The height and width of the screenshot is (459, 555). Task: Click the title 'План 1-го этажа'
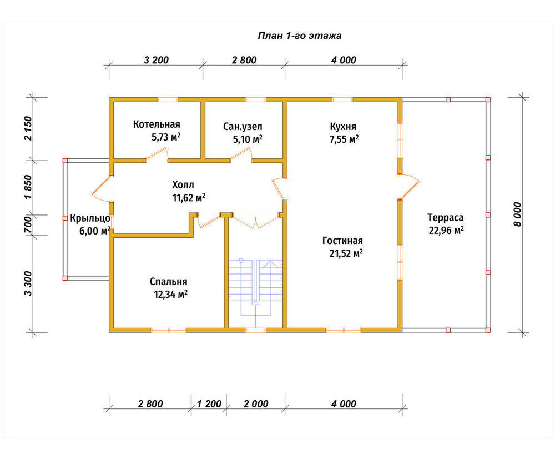click(x=300, y=36)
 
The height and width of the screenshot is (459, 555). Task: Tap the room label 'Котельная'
click(x=157, y=124)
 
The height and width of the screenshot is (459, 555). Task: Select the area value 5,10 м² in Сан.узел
click(x=248, y=139)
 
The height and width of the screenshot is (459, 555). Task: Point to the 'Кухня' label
click(x=343, y=127)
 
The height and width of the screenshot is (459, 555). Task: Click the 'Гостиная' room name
click(x=342, y=241)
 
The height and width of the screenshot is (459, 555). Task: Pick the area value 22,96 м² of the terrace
click(x=446, y=231)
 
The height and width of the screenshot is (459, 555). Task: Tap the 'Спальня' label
click(x=169, y=282)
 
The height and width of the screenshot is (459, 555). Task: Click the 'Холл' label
click(x=183, y=184)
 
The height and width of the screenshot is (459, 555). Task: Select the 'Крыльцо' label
click(x=90, y=218)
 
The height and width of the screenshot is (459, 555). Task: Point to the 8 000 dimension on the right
click(x=517, y=214)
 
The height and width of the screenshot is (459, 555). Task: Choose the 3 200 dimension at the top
click(x=156, y=60)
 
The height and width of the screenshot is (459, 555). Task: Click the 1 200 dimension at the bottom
click(x=209, y=403)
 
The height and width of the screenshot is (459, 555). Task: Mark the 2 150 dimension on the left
click(x=28, y=128)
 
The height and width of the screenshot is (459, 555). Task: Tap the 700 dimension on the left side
click(x=28, y=224)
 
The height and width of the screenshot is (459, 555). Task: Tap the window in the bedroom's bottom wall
click(x=169, y=330)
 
